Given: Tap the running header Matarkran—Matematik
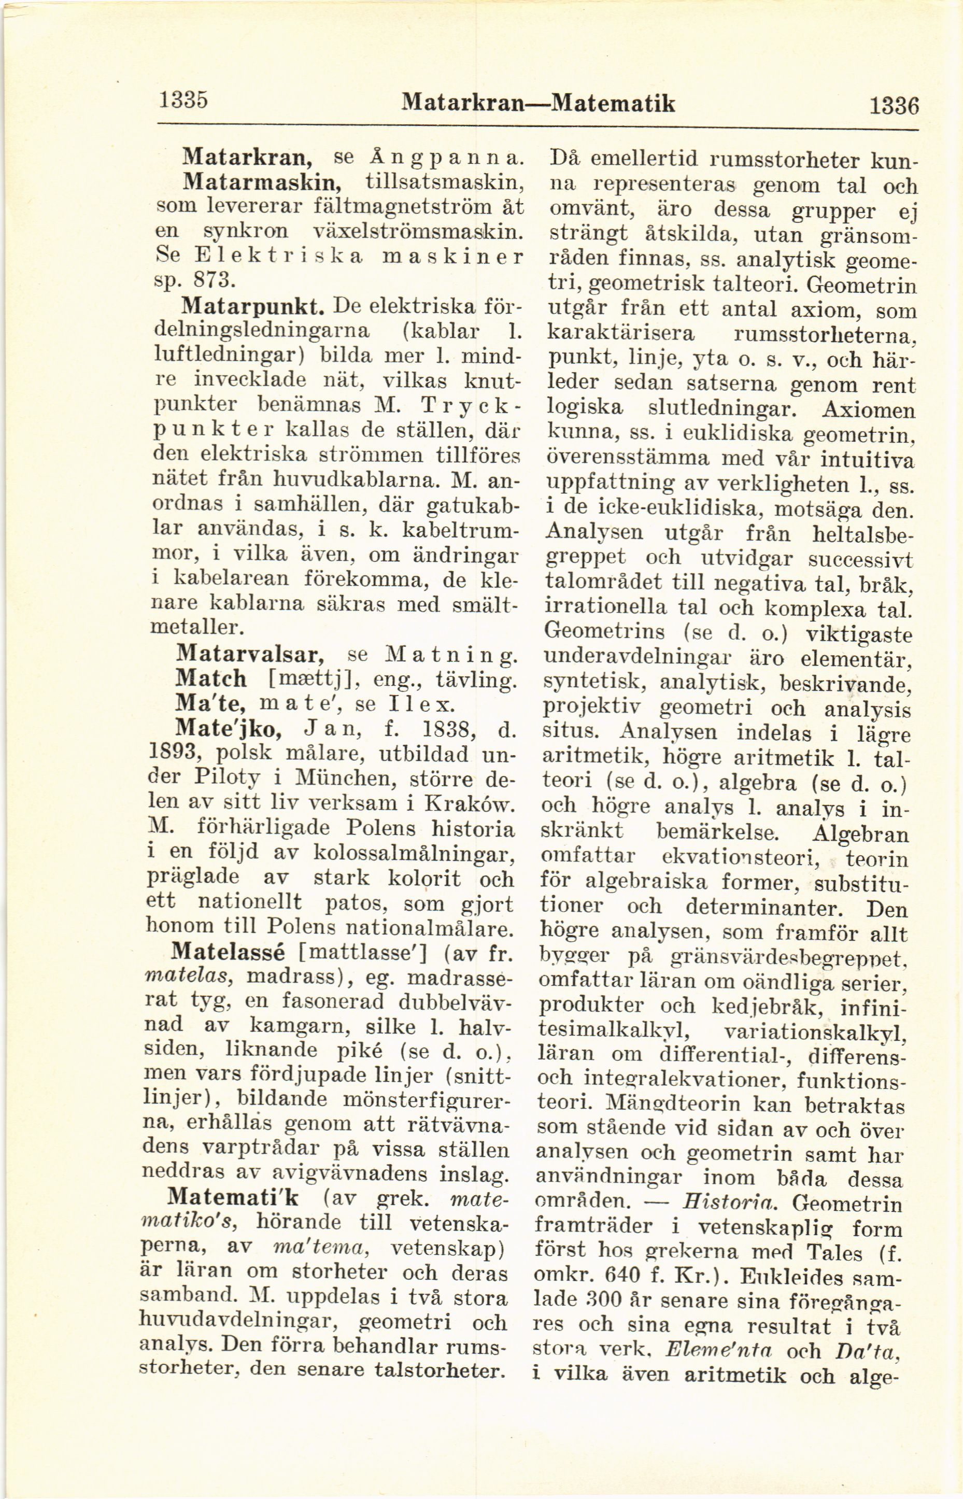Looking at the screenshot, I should click(539, 103).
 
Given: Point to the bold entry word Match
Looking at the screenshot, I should click(211, 678).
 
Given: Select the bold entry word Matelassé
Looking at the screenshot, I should click(228, 951).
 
